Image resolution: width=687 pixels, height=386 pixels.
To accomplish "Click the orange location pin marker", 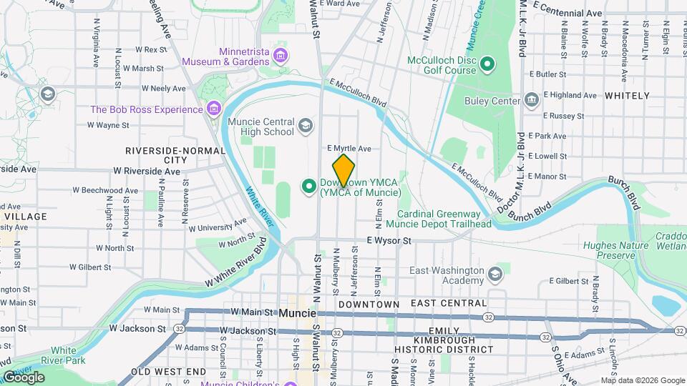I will click(x=343, y=170).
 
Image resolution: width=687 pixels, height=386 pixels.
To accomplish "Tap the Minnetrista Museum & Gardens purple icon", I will click(x=281, y=56).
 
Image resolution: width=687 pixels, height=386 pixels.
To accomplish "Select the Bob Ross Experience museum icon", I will click(x=213, y=109).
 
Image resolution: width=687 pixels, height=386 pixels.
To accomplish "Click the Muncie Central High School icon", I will click(x=306, y=127).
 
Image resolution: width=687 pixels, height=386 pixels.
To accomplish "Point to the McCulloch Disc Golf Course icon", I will click(x=487, y=65).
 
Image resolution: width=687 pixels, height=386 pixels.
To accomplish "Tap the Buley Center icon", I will click(x=530, y=99).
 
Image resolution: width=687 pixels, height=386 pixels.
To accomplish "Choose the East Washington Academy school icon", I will click(x=494, y=274).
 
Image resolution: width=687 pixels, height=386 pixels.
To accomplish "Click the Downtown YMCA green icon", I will click(x=310, y=187).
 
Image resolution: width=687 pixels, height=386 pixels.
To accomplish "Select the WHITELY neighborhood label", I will click(x=627, y=95).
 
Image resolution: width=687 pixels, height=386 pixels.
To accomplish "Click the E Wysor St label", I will click(x=389, y=242).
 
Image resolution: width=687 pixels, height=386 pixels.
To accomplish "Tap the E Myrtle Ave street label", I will click(x=349, y=149).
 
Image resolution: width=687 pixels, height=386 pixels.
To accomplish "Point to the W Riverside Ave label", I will click(x=147, y=172).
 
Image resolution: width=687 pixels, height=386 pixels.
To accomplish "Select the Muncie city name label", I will click(x=297, y=313).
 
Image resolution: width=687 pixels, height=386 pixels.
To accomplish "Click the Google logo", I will click(x=23, y=377).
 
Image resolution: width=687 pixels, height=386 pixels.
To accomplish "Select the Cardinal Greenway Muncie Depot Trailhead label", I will click(x=444, y=219).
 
